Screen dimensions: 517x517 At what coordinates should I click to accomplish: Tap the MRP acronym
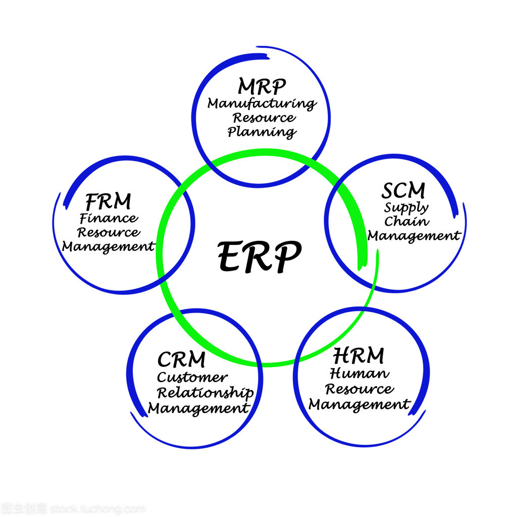262,86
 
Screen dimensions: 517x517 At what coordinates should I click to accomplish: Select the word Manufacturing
262,104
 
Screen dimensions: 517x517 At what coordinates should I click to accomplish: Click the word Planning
262,132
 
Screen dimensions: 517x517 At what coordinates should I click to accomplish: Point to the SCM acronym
403,190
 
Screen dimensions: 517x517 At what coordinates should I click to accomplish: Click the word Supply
406,208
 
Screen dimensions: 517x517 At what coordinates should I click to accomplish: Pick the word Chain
406,221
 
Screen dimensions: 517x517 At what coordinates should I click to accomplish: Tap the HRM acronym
358,356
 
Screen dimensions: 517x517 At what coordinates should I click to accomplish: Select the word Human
359,374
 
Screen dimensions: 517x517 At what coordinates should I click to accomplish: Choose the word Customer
192,377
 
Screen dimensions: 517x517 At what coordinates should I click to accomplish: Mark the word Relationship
204,393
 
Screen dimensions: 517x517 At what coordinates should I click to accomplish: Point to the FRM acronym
108,201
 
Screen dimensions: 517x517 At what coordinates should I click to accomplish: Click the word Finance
108,219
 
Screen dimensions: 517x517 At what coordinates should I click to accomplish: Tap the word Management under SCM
413,236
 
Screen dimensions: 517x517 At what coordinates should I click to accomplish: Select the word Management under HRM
359,405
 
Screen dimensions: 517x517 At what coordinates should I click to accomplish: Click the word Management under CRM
198,408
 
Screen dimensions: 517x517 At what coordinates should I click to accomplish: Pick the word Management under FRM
108,247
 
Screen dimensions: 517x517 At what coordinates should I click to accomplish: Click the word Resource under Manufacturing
264,118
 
